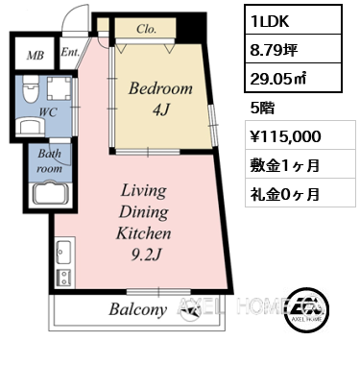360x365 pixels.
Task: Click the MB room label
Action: tap(36, 56)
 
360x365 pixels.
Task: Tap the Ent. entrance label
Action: tap(70, 52)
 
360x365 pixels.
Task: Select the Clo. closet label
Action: tap(147, 29)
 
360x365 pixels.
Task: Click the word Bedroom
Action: tap(160, 88)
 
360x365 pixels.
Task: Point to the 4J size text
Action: tap(161, 109)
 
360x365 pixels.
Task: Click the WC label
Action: tap(48, 112)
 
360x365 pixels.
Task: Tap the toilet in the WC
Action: tap(31, 89)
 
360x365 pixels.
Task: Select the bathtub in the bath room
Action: tap(51, 193)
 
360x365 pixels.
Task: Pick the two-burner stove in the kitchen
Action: tap(64, 278)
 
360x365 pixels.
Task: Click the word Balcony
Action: tap(138, 309)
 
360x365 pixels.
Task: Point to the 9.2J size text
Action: tap(146, 255)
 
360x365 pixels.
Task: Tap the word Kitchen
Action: tap(144, 233)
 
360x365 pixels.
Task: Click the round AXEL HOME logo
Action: tap(307, 308)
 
